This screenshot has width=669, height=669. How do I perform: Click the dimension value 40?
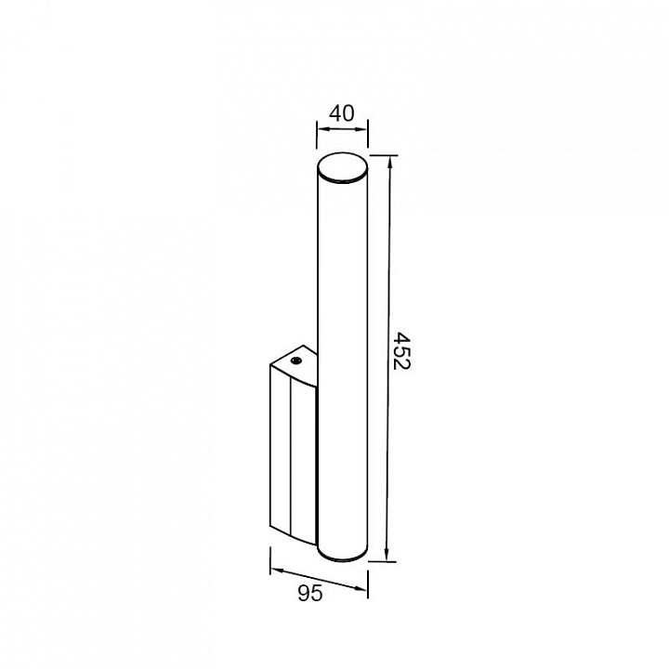click(342, 113)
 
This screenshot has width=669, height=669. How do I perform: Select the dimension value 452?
click(400, 351)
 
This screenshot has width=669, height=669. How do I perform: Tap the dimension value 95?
click(310, 593)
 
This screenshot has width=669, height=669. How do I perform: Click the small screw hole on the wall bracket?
click(295, 361)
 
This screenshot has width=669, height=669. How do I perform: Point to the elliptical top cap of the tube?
click(342, 167)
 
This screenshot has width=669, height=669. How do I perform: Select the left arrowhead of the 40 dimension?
click(323, 129)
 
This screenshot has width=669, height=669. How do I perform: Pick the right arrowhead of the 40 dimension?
click(361, 129)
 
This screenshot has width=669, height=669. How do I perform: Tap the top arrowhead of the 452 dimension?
click(388, 163)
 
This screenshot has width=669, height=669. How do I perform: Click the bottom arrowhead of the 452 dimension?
click(387, 554)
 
